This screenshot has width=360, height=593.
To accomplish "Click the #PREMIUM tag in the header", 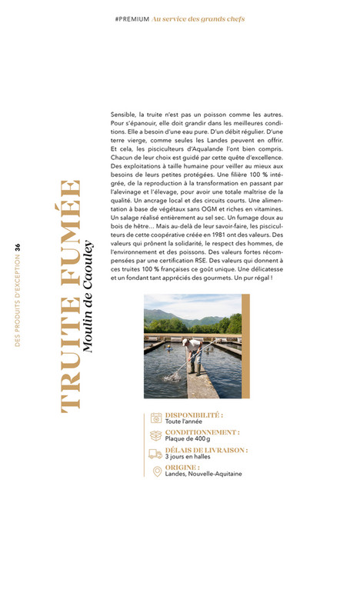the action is tap(131, 18).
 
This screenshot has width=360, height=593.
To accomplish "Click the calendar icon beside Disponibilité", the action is tap(156, 418).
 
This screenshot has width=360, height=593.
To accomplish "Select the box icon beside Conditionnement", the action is tap(156, 435).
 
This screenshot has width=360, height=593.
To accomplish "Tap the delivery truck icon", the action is tap(156, 454).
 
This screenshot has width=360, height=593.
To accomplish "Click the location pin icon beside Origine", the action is tap(156, 471).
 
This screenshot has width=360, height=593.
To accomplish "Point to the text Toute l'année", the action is tap(183, 421).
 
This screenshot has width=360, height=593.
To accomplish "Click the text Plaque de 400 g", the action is tap(187, 439).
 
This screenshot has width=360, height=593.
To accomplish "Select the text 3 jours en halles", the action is tap(188, 457).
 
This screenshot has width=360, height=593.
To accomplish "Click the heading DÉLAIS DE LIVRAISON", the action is tap(206, 450).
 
